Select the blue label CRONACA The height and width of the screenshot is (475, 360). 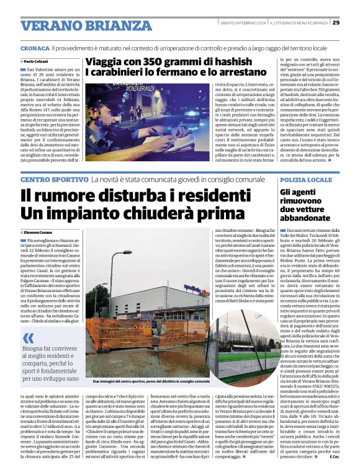[34, 48]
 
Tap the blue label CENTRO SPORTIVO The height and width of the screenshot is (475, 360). [54, 179]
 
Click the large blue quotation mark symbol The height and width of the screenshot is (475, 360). [29, 338]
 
